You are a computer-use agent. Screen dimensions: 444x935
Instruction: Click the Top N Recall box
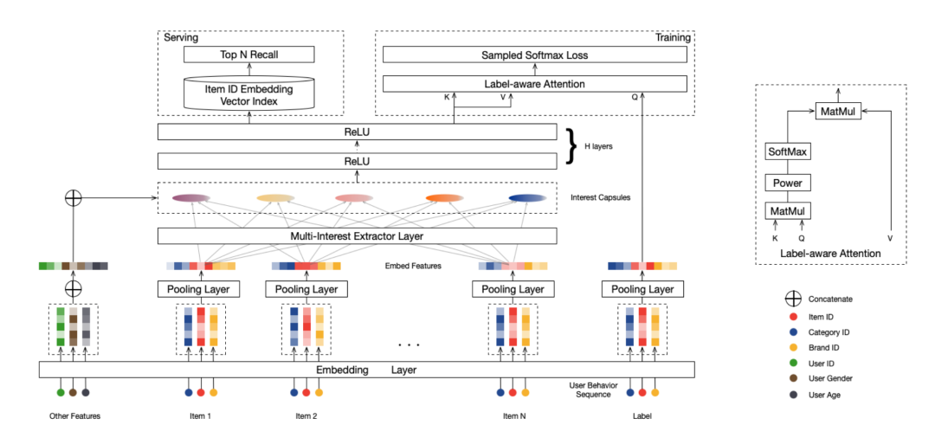tap(248, 55)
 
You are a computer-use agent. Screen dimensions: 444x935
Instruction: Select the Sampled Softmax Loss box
tap(534, 55)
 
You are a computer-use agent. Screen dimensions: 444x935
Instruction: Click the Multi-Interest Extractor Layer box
tap(357, 235)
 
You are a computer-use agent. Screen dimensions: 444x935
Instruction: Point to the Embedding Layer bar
tap(367, 370)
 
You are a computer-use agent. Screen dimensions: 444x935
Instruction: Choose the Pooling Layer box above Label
tap(642, 288)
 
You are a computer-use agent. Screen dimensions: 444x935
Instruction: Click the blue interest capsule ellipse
tap(528, 199)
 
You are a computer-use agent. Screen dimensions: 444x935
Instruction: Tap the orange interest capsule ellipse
tap(444, 199)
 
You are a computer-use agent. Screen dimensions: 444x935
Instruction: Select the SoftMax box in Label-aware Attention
tap(787, 152)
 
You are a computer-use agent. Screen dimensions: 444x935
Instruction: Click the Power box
tap(787, 183)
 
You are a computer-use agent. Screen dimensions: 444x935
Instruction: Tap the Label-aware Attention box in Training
tap(534, 84)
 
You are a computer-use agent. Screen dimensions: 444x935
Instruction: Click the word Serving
tap(181, 38)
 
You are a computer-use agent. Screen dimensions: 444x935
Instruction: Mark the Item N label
tap(512, 416)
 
